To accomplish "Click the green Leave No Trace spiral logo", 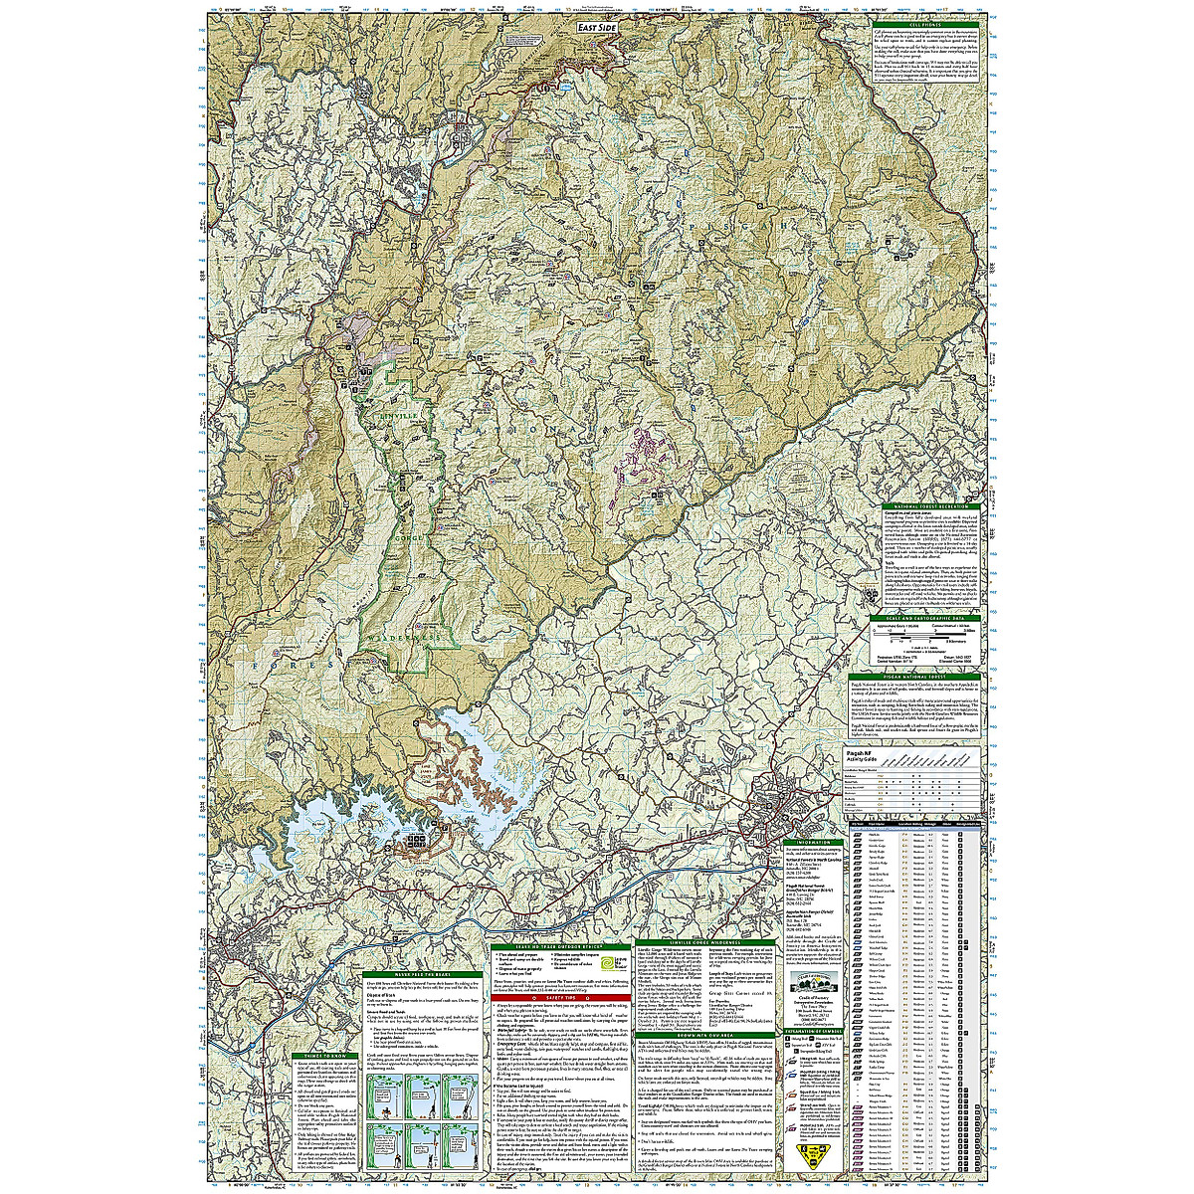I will pyautogui.click(x=614, y=962).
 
